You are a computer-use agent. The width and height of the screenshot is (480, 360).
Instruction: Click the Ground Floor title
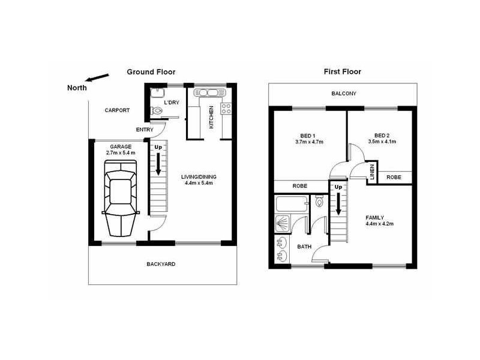pos(151,72)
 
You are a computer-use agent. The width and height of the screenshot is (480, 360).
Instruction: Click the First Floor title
pos(342,72)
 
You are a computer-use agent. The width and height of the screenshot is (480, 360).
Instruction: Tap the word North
pos(77,88)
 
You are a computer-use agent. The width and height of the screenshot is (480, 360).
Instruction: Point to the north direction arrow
pos(98,78)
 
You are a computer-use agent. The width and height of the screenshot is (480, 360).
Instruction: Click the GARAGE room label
pos(121,146)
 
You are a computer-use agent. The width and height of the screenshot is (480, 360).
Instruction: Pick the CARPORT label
pos(117,110)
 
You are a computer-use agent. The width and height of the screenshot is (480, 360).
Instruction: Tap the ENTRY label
pos(145,130)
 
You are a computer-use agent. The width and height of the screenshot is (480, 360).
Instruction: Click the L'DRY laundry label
pos(172,103)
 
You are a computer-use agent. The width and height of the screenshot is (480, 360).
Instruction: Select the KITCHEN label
pos(211,117)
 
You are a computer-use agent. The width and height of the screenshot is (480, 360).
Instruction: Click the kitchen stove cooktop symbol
pos(227,109)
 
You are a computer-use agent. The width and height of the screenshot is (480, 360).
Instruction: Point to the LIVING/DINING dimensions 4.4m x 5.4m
pos(199,183)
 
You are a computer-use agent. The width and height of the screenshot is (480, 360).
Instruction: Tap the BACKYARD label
pos(161,264)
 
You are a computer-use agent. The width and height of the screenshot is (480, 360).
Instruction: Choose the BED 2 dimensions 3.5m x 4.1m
pos(382,142)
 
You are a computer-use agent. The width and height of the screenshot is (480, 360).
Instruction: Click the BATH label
pos(304,247)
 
